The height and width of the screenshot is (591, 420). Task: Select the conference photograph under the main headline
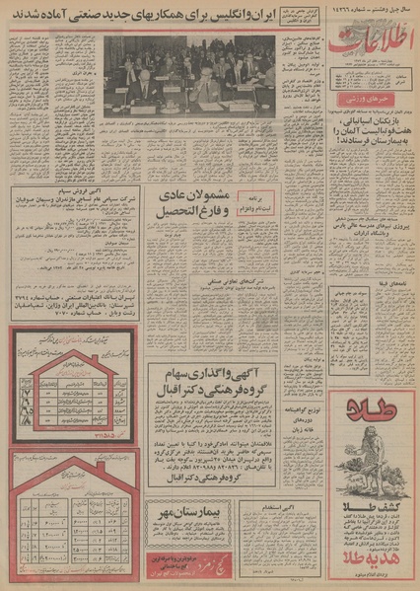tap(189, 71)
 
